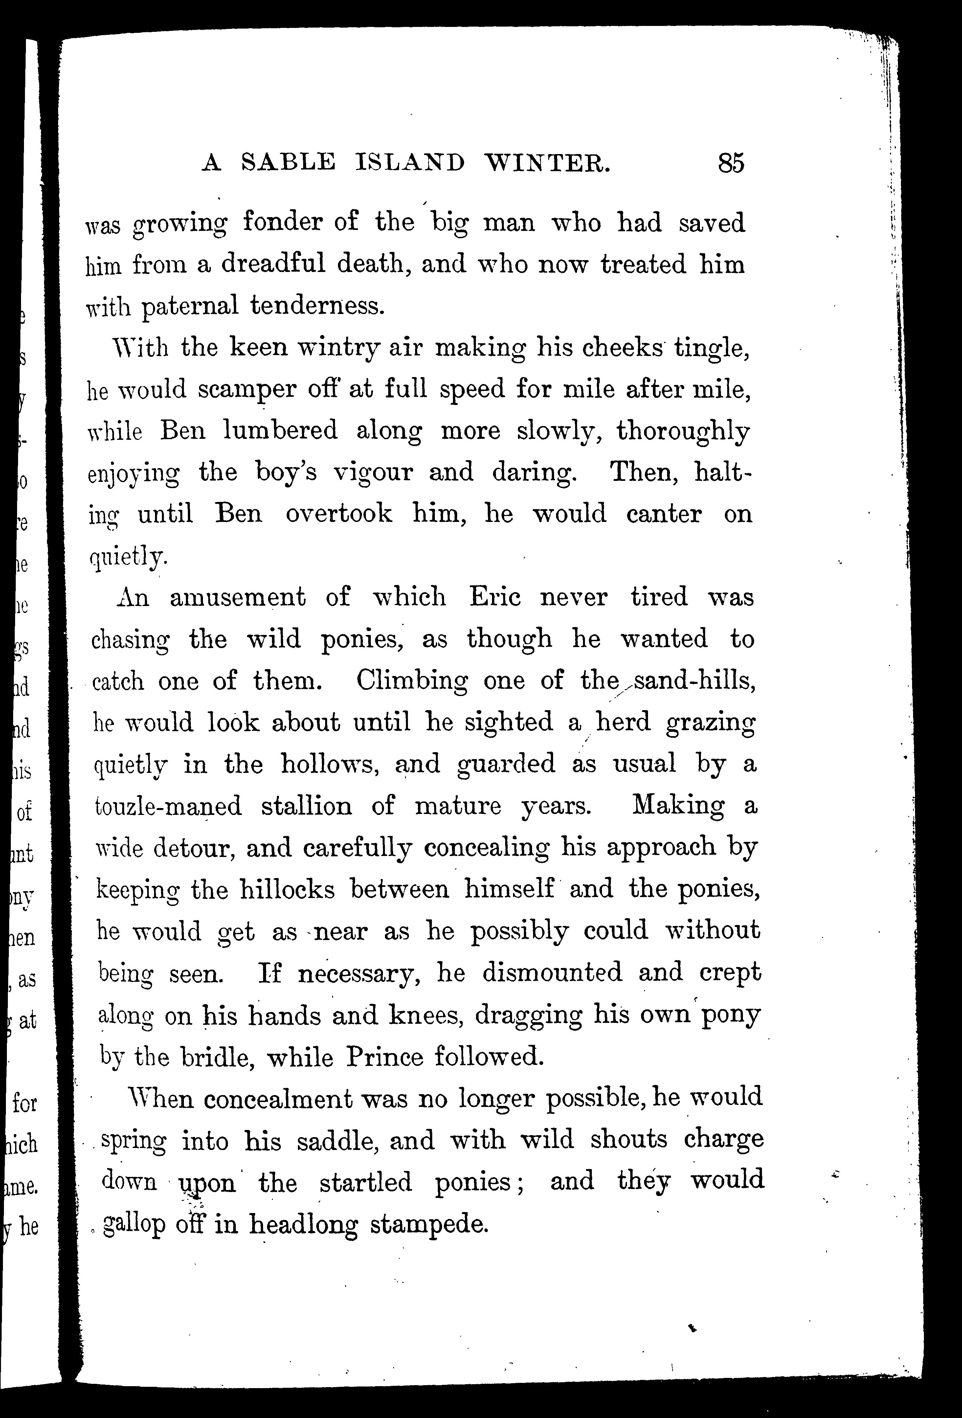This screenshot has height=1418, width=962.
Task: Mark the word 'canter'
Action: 664,514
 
